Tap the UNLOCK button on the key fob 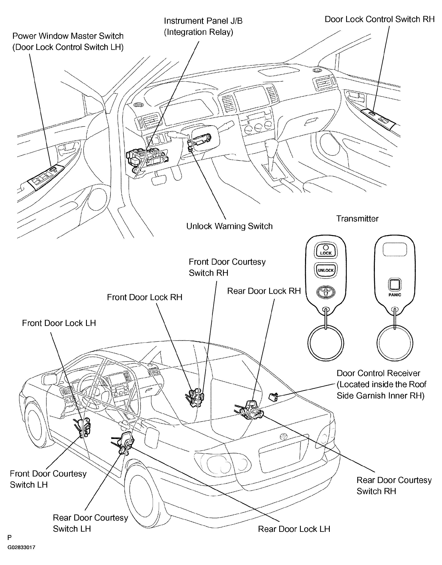pos(326,270)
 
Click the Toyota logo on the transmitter pos(326,292)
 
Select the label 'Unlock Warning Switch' pos(229,226)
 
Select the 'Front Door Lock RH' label pos(145,297)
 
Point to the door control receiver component pos(274,397)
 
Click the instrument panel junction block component pos(146,158)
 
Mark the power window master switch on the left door pos(46,177)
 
